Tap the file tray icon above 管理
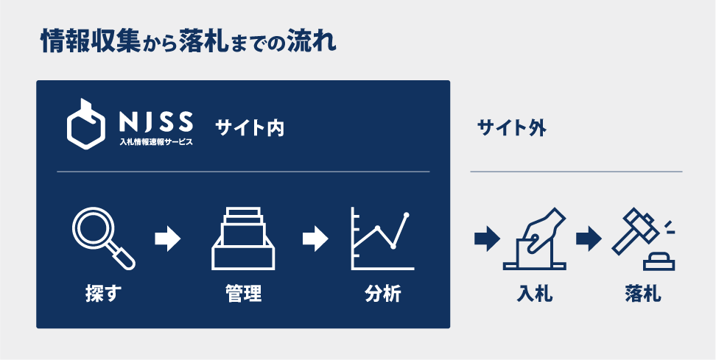(243, 239)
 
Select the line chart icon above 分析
(382, 239)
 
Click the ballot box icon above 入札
(534, 239)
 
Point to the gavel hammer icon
(643, 239)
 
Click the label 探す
(104, 294)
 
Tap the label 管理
(243, 294)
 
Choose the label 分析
(382, 294)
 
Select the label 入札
(535, 294)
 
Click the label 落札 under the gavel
(643, 294)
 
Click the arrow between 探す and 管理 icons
(168, 239)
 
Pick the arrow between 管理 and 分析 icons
(315, 239)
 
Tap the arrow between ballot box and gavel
(589, 239)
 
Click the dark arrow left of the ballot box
(488, 239)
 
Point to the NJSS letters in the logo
(155, 121)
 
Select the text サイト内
(250, 129)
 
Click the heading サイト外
(511, 129)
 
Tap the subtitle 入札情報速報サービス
(155, 142)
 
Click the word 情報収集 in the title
(91, 42)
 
